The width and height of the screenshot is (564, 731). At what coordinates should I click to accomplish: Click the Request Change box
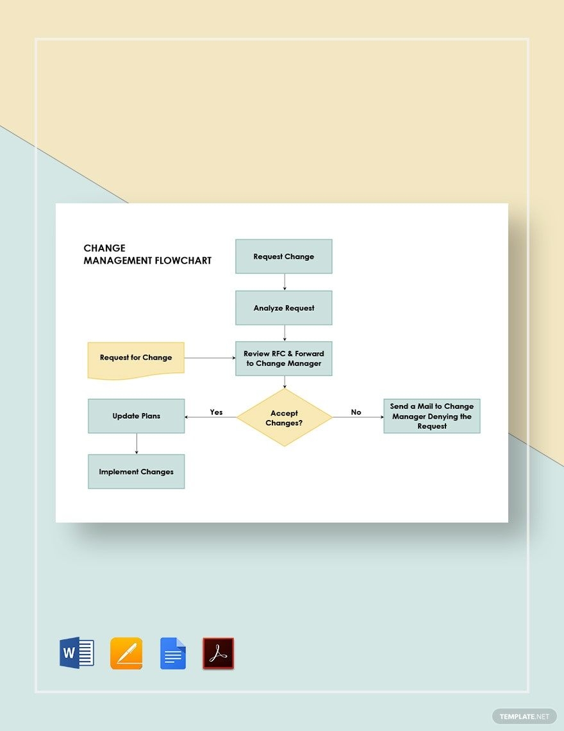pos(284,256)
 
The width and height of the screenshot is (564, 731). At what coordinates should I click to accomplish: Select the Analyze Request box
pos(284,308)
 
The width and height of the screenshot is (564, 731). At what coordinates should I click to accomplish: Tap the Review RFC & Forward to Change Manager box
pos(284,358)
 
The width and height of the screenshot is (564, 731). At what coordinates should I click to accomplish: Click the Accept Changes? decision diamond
pos(285,417)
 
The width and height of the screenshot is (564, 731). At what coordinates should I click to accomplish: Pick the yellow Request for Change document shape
pos(136,360)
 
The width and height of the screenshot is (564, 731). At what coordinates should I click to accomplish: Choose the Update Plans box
pos(136,416)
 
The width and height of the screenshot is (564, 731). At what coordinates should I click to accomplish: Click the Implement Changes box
pos(136,471)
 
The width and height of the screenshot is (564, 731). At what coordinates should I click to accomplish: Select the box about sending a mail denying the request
pos(432,416)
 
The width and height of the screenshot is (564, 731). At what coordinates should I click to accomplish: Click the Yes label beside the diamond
pos(216,412)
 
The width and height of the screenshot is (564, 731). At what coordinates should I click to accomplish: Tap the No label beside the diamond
pos(356,412)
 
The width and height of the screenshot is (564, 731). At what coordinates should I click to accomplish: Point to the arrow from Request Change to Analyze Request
pos(285,282)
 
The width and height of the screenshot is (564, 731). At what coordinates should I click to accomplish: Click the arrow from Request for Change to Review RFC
pos(210,358)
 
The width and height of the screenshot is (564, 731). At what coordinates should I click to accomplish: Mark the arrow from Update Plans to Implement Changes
pos(137,443)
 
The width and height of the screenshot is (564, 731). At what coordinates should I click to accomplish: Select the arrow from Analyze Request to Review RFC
pos(285,333)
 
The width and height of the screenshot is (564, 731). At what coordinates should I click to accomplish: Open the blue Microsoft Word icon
pos(77,653)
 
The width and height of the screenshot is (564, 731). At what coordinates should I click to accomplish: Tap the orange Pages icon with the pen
pos(126,653)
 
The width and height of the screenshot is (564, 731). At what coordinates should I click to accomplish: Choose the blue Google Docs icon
pos(173,653)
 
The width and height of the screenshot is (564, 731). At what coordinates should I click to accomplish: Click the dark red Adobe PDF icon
pos(218,653)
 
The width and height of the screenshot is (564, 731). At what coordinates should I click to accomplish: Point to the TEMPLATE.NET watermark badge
pos(524,716)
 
